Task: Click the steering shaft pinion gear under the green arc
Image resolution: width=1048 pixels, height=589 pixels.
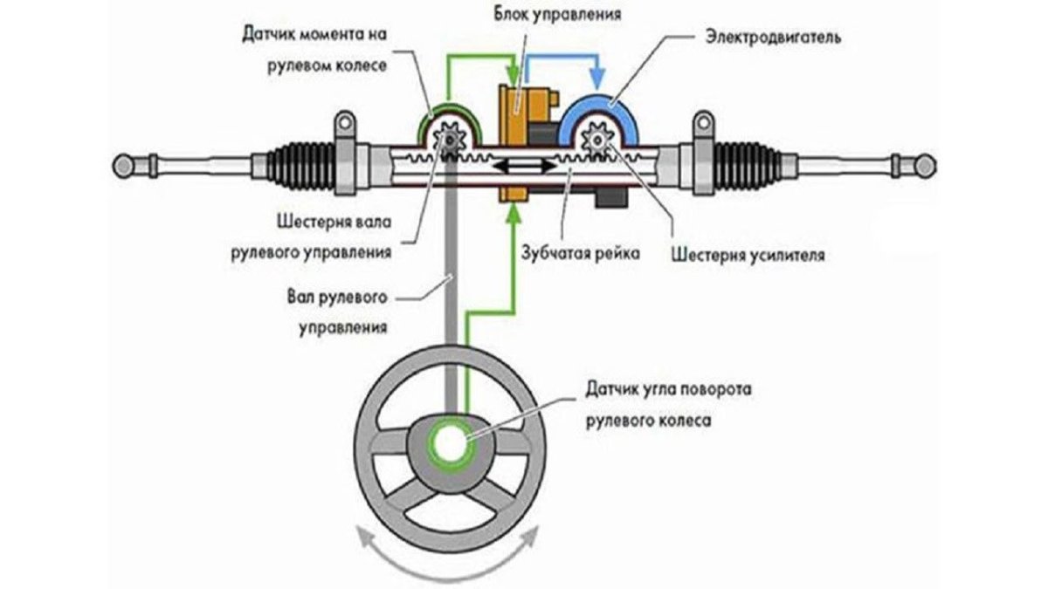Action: (x=452, y=140)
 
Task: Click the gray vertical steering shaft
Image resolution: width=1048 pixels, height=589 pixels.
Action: (x=452, y=288)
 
